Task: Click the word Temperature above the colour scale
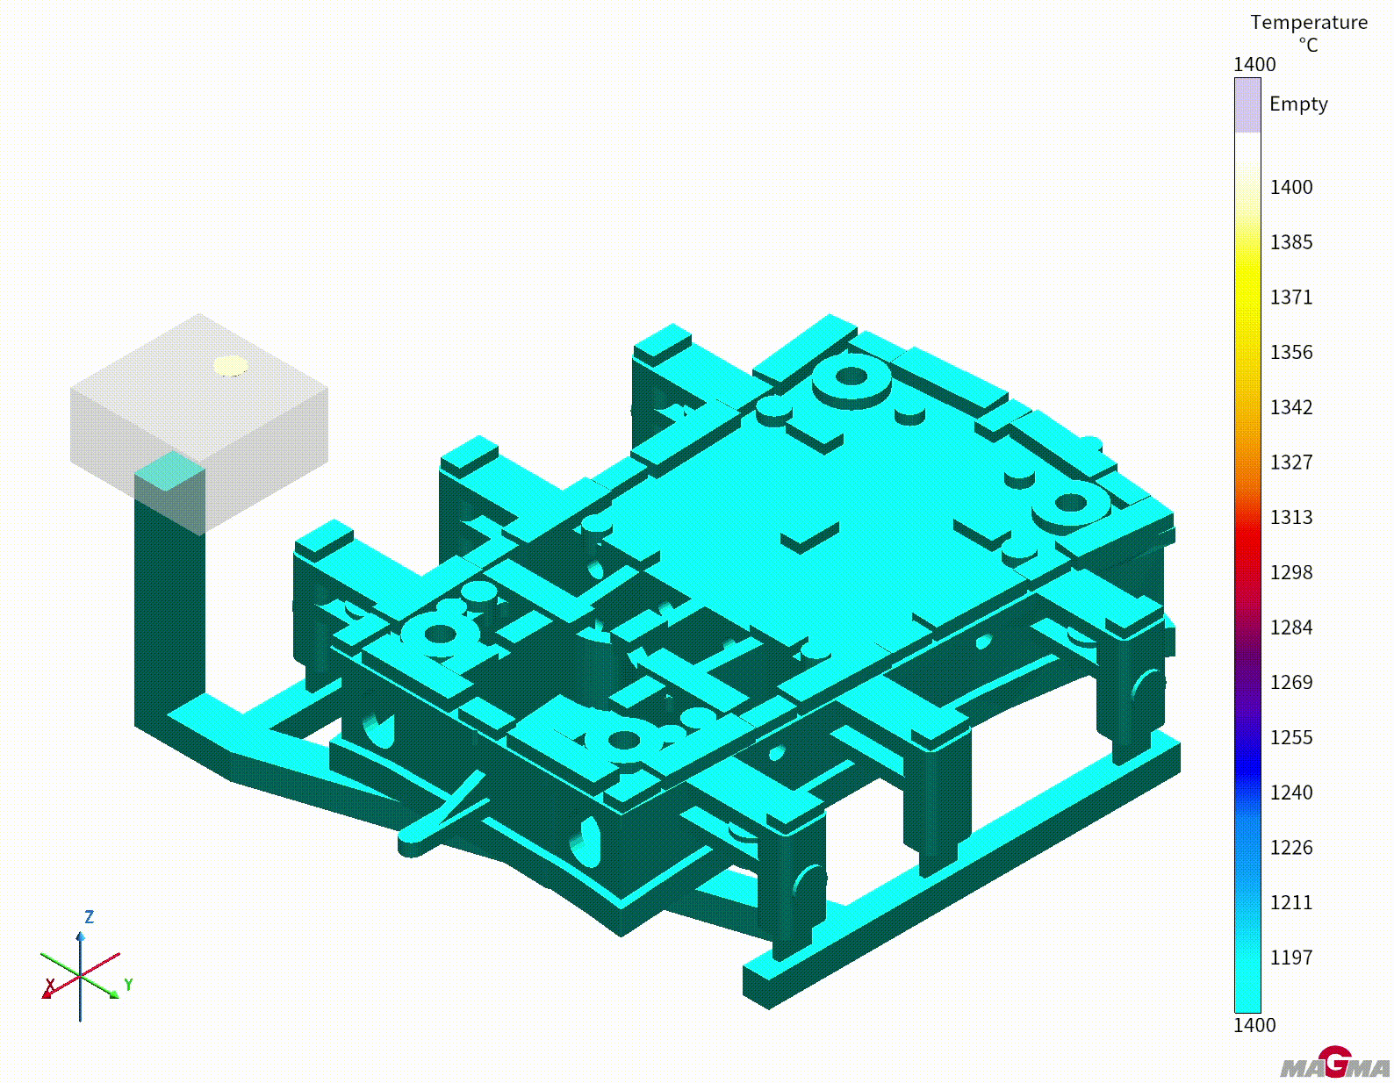[x=1309, y=23]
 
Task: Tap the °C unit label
[x=1308, y=45]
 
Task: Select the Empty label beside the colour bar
[x=1298, y=104]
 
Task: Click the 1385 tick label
[x=1291, y=242]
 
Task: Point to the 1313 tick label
[x=1291, y=518]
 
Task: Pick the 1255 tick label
[x=1291, y=737]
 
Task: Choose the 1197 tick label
[x=1291, y=958]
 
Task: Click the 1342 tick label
[x=1291, y=407]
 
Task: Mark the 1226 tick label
[x=1291, y=848]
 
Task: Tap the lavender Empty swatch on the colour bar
[x=1247, y=105]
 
